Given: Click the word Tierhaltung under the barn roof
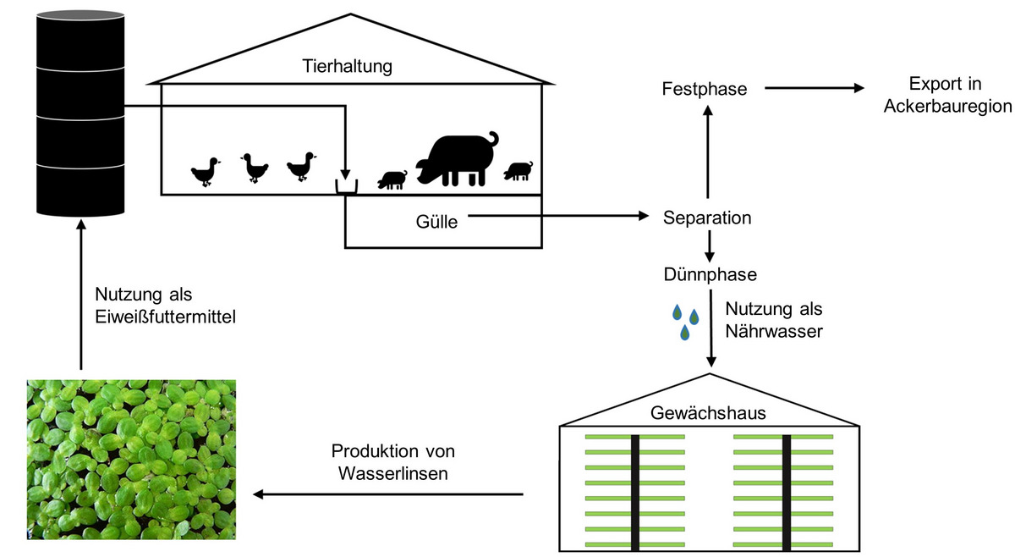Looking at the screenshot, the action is coord(347,67).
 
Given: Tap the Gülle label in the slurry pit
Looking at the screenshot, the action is coord(436,222).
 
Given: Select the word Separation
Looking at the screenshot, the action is coord(707,218).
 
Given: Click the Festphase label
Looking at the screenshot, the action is coord(704,89).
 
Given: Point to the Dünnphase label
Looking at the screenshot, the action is coord(710,274).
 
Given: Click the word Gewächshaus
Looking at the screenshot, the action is coord(708,413).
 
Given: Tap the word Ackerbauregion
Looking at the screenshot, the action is coord(947,107).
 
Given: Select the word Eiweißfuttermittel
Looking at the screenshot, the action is coord(166,317).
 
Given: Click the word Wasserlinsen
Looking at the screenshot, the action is coord(392,473).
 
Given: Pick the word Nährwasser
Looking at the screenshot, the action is coord(774,332).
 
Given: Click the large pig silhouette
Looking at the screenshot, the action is coord(457,159).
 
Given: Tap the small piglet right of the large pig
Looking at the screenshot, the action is coord(518,171).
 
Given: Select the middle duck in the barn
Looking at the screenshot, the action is coord(255,168).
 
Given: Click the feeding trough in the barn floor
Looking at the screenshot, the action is coord(346,187).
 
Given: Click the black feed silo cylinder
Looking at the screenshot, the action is coord(80,113).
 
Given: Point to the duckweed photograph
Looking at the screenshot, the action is coord(131,460).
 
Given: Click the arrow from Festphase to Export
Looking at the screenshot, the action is coord(815,88).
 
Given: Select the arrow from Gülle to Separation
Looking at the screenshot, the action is coord(558,216).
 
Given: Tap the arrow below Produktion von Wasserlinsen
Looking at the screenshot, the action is coord(388,494).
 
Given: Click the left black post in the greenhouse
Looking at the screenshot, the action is coord(635,493).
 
